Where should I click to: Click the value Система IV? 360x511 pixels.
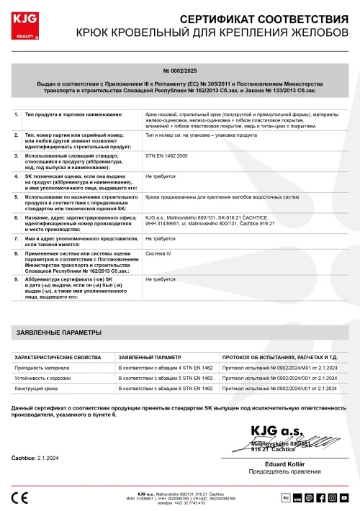point(158,253)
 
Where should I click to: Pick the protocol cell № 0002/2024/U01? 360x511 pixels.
point(279,389)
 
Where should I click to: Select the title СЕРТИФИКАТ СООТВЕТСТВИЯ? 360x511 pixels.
point(259,17)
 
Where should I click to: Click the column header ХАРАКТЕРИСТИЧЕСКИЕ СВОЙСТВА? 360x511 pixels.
point(58,357)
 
